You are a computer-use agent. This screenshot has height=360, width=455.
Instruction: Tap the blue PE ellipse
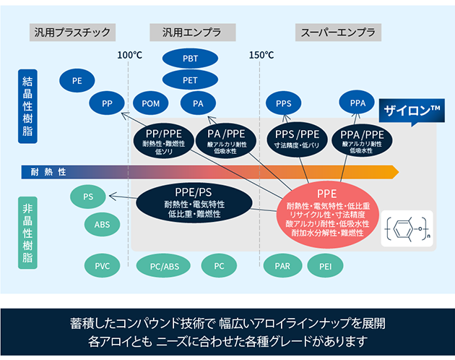tap(77, 81)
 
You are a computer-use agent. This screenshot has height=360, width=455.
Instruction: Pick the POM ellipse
tap(151, 103)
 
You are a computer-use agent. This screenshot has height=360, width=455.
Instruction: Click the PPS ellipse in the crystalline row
tap(284, 103)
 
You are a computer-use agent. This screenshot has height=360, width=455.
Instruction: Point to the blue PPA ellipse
tap(358, 103)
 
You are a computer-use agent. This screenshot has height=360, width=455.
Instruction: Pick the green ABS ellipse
tap(102, 224)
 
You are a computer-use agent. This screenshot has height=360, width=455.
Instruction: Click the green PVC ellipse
tap(102, 266)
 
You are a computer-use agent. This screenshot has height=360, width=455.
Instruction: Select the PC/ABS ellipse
tap(164, 266)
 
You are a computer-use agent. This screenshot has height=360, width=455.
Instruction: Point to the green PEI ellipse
tap(325, 266)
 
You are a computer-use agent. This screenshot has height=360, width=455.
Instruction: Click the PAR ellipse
tap(282, 266)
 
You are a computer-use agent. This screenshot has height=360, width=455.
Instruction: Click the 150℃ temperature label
tap(261, 55)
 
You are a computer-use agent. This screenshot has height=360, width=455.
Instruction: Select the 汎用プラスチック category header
tap(72, 32)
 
